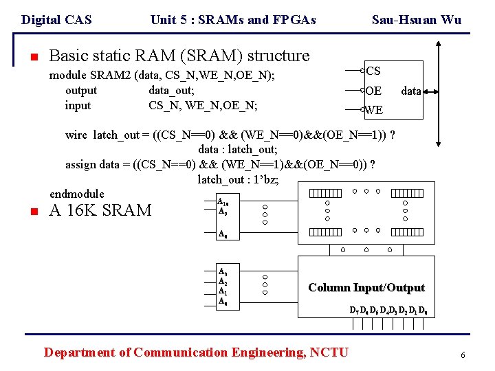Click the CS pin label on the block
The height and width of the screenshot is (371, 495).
coord(373,71)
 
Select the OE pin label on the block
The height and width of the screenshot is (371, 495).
coord(373,91)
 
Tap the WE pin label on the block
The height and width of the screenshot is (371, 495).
coord(374,110)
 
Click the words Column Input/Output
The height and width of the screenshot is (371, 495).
coord(366,288)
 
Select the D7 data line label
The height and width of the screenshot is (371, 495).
coord(354,311)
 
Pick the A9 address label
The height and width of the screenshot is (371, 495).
coord(223,212)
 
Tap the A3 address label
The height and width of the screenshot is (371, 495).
coord(223,272)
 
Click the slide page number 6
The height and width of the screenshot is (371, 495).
coord(463,355)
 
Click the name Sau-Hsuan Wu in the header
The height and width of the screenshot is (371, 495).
coord(416,20)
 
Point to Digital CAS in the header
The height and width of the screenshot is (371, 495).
coord(56,20)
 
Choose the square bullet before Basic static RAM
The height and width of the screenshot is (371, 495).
coord(33,57)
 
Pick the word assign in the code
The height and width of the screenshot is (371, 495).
coord(80,165)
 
